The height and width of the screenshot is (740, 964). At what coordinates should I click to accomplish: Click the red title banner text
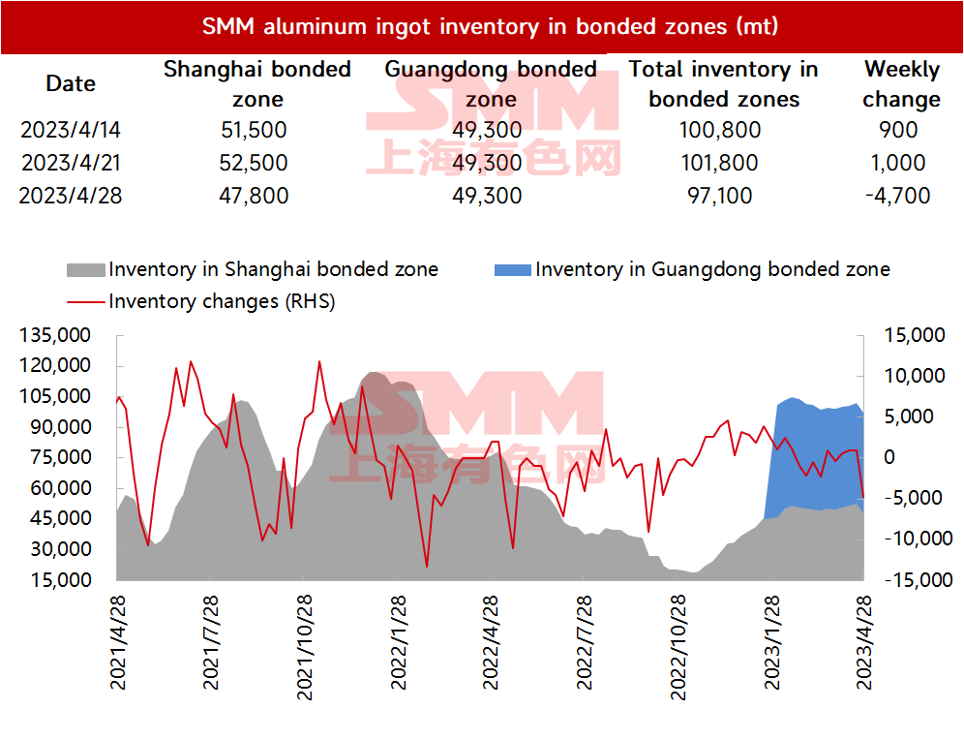[x=490, y=26]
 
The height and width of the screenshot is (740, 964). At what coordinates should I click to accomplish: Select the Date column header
[x=71, y=83]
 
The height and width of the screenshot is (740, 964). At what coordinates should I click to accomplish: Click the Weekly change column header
[x=901, y=83]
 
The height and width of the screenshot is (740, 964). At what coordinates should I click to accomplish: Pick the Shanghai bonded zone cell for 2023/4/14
[x=254, y=130]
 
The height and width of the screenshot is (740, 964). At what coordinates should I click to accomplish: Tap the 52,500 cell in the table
[x=254, y=163]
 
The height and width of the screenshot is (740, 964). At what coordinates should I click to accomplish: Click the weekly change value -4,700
[x=897, y=196]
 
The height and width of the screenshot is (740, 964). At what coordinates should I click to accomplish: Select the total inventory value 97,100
[x=720, y=196]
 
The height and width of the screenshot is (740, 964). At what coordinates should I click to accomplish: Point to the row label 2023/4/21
[x=71, y=163]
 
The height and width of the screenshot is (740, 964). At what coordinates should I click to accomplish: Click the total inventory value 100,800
[x=720, y=130]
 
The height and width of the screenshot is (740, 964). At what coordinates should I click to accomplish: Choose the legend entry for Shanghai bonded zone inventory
[x=253, y=269]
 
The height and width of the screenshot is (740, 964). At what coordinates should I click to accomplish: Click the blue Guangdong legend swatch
[x=513, y=270]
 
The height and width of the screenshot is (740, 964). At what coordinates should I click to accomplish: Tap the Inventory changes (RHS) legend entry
[x=201, y=301]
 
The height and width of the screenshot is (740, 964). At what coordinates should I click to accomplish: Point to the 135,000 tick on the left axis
[x=55, y=335]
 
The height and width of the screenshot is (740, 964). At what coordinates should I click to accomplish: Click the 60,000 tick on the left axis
[x=60, y=488]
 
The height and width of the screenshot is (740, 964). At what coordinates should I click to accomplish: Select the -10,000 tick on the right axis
[x=919, y=539]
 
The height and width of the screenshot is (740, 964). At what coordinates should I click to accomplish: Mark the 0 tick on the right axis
[x=889, y=457]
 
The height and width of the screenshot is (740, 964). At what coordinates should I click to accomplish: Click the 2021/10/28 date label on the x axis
[x=304, y=648]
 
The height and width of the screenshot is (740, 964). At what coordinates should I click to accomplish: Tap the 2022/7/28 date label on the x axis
[x=584, y=642]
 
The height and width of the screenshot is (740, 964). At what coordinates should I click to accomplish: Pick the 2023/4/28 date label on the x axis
[x=863, y=642]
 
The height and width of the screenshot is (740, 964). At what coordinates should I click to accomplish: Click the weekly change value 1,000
[x=897, y=163]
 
